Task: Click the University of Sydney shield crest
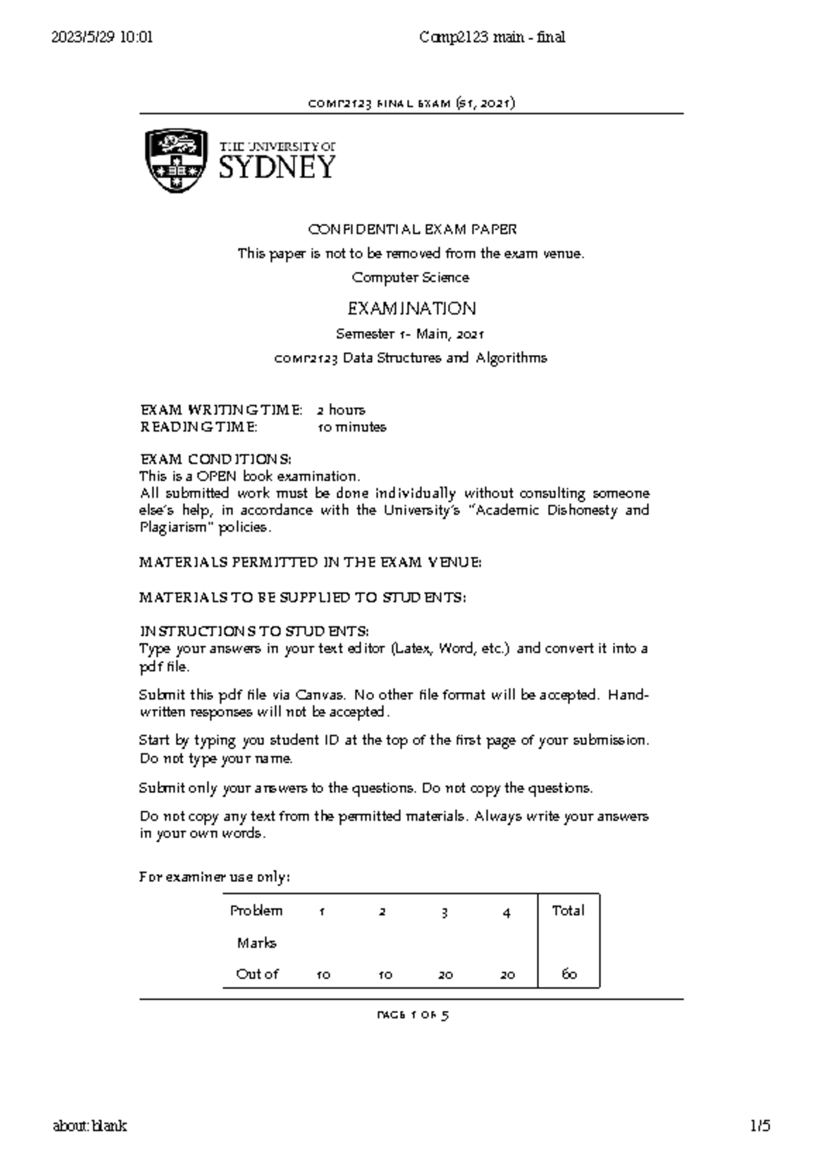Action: [x=176, y=160]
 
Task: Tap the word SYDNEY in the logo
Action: [x=277, y=167]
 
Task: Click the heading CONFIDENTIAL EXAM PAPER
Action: [x=412, y=229]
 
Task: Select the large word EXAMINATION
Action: [x=412, y=308]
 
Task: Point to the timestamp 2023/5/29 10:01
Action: [x=102, y=38]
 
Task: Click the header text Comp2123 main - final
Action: [x=492, y=38]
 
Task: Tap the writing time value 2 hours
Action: [x=340, y=410]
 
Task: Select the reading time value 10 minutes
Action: [x=351, y=427]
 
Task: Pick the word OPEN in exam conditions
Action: [x=216, y=476]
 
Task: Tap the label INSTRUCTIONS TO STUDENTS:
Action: [x=254, y=630]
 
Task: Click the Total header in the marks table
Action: [x=568, y=911]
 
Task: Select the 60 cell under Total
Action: [x=569, y=974]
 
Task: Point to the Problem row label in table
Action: [x=256, y=911]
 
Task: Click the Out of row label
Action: [x=257, y=974]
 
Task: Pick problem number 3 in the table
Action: [x=445, y=912]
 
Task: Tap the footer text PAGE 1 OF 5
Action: [x=412, y=1015]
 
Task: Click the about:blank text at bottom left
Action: [x=90, y=1126]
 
